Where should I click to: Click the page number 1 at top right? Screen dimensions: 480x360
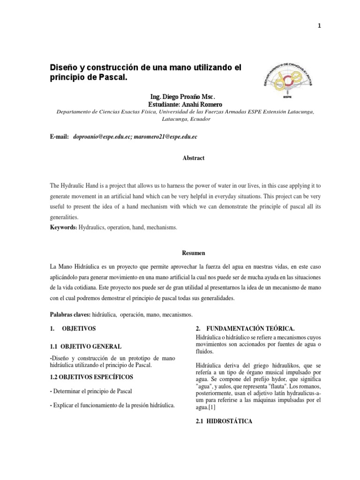[345, 27]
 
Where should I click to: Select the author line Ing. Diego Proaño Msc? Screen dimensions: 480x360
[182, 97]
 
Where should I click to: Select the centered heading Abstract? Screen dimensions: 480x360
[193, 158]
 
